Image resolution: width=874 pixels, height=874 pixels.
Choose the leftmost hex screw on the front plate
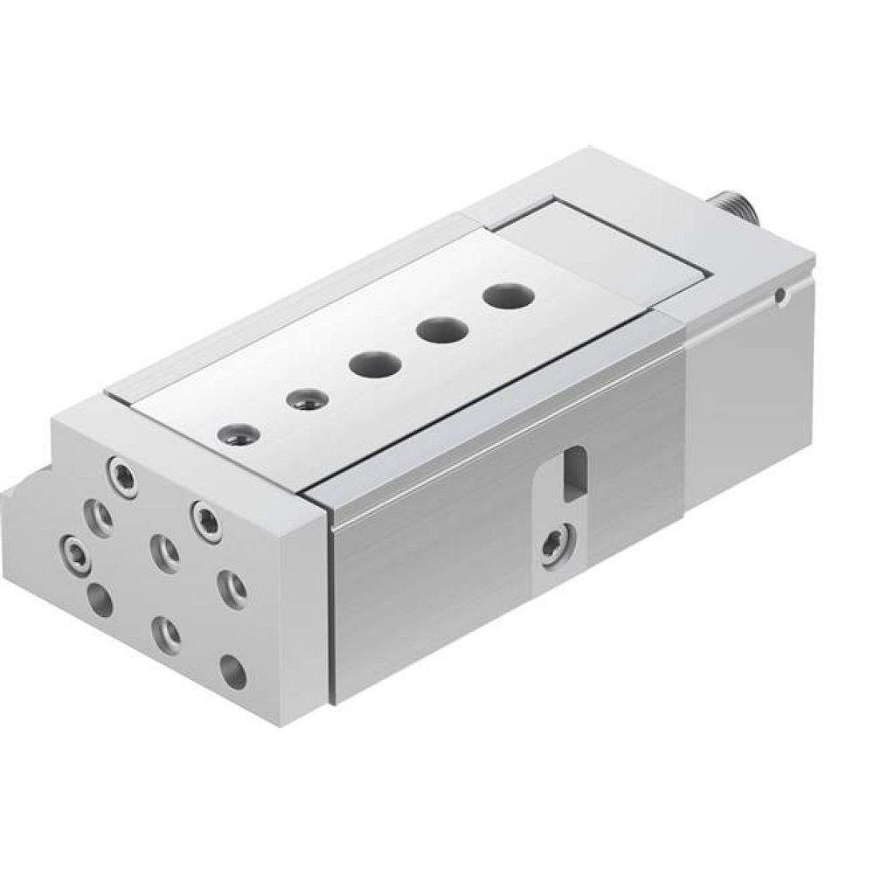click(x=76, y=552)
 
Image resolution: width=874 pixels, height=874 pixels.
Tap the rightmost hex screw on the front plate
click(x=205, y=513)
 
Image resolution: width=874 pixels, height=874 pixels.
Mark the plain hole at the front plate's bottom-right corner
click(x=232, y=671)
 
